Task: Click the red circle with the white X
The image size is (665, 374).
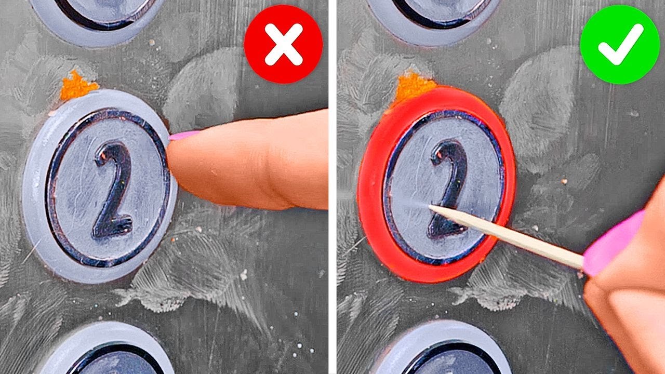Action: tap(283, 44)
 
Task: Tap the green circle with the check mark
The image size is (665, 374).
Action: tap(620, 44)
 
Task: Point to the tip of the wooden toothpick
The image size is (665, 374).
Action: tap(430, 206)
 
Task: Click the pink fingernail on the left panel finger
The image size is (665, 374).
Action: tap(183, 136)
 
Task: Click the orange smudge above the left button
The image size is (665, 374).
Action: tap(78, 86)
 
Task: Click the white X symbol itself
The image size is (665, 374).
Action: tap(284, 45)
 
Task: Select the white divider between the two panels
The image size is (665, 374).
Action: tap(332, 187)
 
